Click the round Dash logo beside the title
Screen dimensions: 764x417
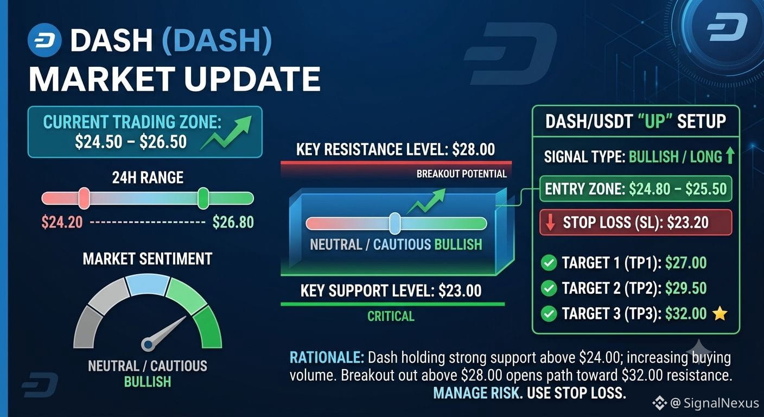(44, 40)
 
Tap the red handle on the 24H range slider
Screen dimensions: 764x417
(84, 198)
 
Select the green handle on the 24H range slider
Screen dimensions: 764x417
(203, 198)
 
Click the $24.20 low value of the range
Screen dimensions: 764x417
(62, 223)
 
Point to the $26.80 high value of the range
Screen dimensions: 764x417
(233, 223)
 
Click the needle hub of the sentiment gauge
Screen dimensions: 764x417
(148, 345)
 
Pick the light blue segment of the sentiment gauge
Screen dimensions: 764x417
(148, 285)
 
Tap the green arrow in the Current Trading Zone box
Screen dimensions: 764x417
(227, 132)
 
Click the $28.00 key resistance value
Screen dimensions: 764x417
(473, 149)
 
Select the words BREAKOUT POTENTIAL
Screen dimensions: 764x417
(461, 174)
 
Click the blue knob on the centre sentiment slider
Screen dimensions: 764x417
(395, 224)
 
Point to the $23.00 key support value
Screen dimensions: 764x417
(460, 290)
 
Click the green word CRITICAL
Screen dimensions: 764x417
(391, 317)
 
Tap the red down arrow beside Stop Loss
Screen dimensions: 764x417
(550, 223)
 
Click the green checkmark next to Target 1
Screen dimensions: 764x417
(549, 263)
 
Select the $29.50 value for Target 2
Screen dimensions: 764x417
(686, 288)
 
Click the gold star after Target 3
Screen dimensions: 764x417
(720, 314)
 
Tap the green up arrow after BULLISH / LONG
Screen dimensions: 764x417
(730, 156)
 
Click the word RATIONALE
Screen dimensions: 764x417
(327, 358)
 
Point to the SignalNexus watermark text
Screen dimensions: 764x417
(721, 403)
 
